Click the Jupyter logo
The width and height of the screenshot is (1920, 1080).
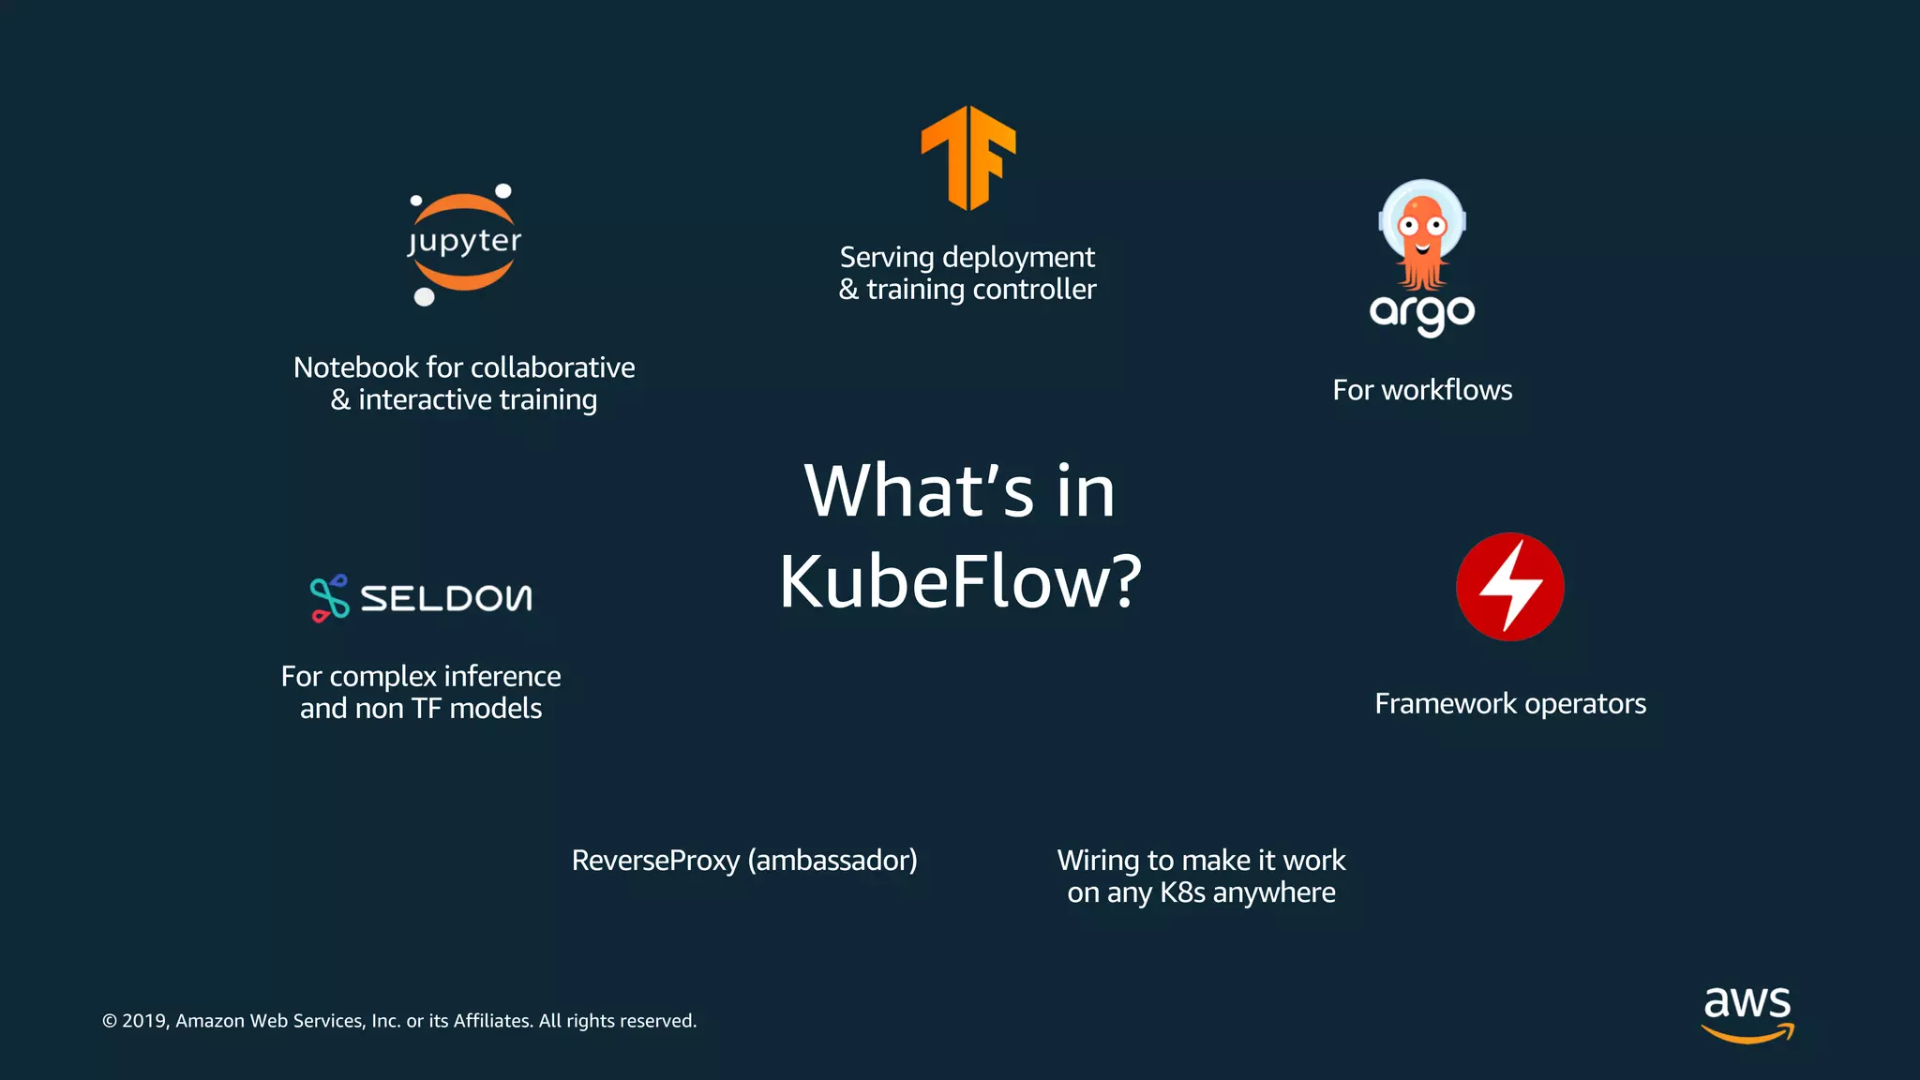click(x=464, y=244)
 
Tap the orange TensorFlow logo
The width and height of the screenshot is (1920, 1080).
click(x=968, y=157)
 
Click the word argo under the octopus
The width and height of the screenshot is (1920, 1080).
click(x=1422, y=313)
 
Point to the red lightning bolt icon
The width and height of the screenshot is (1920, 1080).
click(x=1509, y=587)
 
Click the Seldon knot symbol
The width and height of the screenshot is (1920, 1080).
click(x=329, y=597)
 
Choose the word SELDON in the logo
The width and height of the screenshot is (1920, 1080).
click(x=446, y=598)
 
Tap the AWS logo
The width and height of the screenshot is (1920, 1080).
click(x=1747, y=1012)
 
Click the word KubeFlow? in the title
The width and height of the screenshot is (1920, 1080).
click(x=960, y=581)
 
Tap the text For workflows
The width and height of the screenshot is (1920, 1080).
click(x=1422, y=390)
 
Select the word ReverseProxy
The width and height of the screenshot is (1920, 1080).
click(x=655, y=861)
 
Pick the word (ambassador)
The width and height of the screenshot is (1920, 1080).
click(x=832, y=861)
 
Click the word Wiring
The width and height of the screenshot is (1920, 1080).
click(x=1098, y=861)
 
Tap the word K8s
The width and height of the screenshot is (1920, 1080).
click(x=1182, y=892)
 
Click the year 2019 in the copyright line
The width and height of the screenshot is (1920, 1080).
click(x=144, y=1021)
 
